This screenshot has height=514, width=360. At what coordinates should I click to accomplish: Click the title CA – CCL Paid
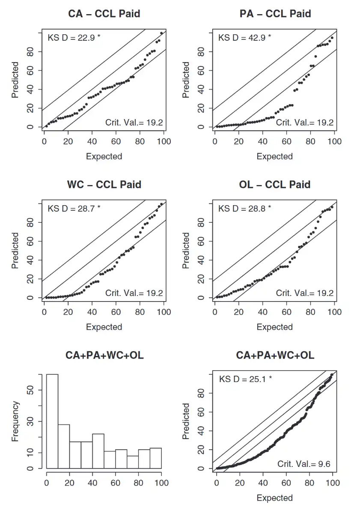click(x=104, y=14)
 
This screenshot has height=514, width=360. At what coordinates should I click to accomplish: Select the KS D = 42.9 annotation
click(x=244, y=37)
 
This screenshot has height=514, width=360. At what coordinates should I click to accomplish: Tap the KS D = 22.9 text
click(x=74, y=37)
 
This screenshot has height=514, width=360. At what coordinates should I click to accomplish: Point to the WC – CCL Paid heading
click(x=104, y=185)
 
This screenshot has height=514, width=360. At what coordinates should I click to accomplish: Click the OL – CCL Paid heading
click(x=274, y=185)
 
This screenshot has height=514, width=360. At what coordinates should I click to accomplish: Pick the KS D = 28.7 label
click(x=74, y=209)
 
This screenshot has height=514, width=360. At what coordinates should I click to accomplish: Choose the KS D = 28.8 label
click(x=244, y=209)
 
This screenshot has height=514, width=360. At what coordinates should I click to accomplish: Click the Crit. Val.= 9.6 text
click(x=303, y=464)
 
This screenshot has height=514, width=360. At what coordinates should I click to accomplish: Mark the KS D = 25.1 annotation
click(x=245, y=379)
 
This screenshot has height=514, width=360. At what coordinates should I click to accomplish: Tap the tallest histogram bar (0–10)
click(x=52, y=421)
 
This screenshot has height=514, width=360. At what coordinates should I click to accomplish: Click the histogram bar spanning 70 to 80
click(x=133, y=462)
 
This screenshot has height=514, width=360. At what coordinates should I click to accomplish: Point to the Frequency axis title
click(x=15, y=421)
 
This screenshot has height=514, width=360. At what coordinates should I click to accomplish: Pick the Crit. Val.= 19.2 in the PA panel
click(x=304, y=123)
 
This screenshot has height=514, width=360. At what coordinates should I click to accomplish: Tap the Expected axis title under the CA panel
click(x=104, y=156)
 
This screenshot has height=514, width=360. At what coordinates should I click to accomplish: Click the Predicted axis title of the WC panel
click(x=15, y=251)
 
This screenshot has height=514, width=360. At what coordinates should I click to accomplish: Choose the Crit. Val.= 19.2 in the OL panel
click(x=304, y=293)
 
